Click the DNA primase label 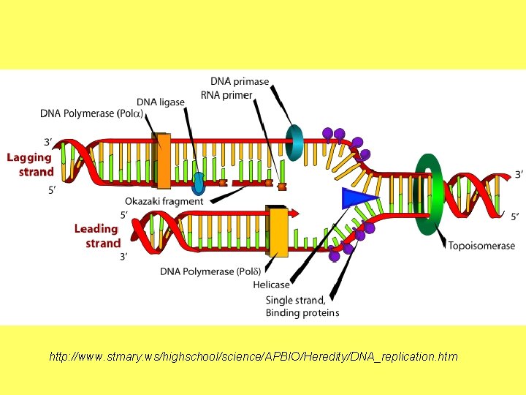(240, 81)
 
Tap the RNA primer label (226, 95)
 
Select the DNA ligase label (161, 102)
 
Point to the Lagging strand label (30, 165)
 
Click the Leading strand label (97, 236)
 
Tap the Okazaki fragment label (164, 201)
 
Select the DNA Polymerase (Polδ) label (208, 271)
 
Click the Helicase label (271, 285)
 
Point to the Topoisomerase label (481, 246)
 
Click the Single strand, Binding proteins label (302, 306)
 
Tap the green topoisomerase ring (429, 194)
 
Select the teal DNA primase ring (294, 142)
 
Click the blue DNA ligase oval (199, 183)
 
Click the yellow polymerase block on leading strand (278, 231)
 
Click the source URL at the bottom (253, 357)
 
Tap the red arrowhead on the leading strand (294, 214)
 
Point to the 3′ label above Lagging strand (48, 142)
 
